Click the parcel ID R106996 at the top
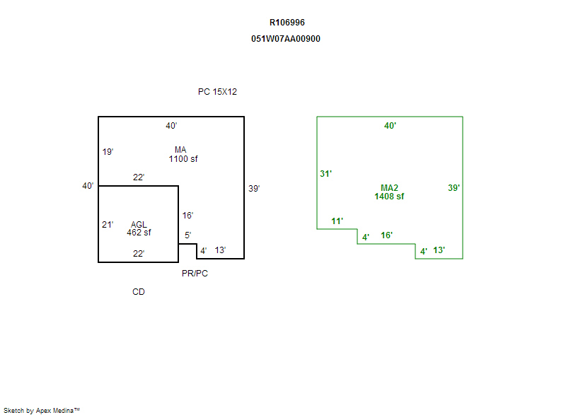(287, 23)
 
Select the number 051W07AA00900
(286, 39)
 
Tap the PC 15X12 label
(217, 92)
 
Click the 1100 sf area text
(183, 159)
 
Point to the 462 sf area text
(139, 232)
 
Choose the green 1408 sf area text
(389, 196)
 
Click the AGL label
(139, 224)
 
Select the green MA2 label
(389, 188)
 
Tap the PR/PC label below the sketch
(195, 274)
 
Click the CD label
(139, 291)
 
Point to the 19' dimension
(108, 151)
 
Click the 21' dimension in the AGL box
(108, 224)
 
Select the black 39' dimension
(254, 188)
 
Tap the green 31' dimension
(325, 173)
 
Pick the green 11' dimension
(337, 221)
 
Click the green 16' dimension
(387, 235)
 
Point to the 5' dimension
(187, 235)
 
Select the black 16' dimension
(187, 216)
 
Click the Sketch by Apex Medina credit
(42, 409)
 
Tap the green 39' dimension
(454, 188)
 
